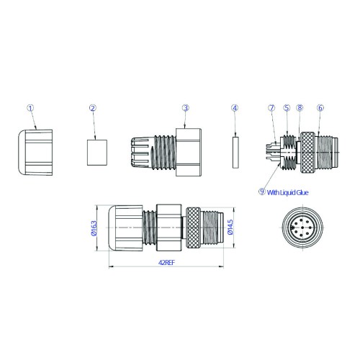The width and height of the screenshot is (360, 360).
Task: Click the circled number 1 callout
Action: pos(30,108)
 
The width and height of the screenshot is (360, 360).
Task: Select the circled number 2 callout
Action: pos(93,108)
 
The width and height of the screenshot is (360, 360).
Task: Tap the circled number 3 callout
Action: pos(186,108)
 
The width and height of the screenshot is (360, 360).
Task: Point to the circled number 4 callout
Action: pos(235,108)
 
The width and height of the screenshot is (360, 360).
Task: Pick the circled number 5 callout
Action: pos(287,108)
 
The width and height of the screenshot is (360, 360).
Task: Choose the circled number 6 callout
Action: pos(320,108)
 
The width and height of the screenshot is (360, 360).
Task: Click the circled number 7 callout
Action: pos(271,108)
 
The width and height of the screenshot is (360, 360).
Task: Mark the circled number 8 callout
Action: pos(300,108)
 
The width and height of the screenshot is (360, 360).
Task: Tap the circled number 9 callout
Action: pos(262,192)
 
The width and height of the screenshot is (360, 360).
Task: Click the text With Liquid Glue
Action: pos(287,192)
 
